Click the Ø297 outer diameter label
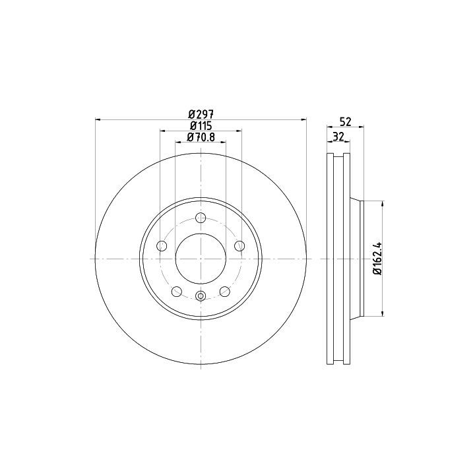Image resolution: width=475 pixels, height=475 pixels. tap(201, 115)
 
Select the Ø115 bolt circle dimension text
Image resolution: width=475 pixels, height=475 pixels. tap(201, 126)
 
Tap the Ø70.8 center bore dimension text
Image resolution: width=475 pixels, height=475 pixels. tap(201, 137)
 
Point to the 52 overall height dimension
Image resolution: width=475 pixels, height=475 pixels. tap(345, 122)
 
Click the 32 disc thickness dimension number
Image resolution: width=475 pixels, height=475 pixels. tap(338, 137)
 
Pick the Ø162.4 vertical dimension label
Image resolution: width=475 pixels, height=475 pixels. tap(377, 259)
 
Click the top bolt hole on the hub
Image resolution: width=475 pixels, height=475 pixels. tap(201, 218)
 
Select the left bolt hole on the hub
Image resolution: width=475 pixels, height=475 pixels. tap(162, 245)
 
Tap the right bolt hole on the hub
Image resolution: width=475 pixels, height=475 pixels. tap(239, 245)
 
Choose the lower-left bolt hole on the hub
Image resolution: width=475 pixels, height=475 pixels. tap(177, 292)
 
